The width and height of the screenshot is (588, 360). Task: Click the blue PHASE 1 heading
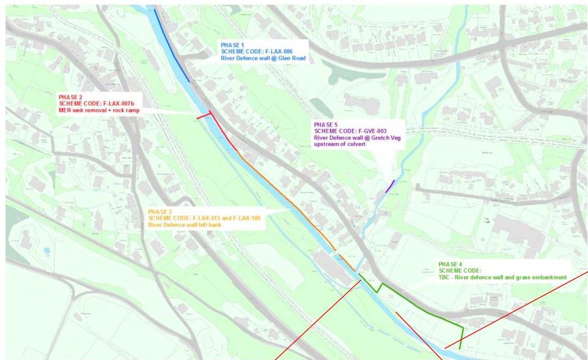coord(233,45)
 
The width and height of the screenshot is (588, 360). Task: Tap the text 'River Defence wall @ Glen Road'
coord(263,59)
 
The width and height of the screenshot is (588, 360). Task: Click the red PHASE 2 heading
coord(70,97)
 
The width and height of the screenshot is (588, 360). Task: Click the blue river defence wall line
coord(172,46)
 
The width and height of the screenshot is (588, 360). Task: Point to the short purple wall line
coord(390,186)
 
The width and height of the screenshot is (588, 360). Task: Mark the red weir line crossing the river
coord(204,116)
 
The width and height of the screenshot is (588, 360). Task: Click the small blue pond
coord(47,251)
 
